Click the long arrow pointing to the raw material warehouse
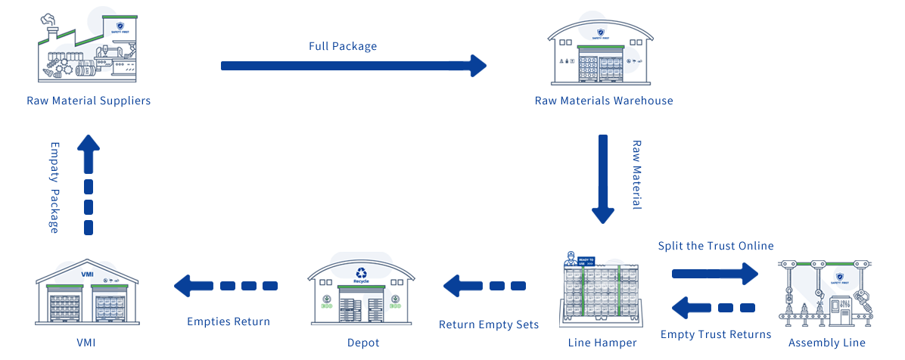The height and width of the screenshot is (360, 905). (352, 66)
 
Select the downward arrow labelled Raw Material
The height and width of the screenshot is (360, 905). (602, 178)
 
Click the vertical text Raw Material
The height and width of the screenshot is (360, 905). (636, 174)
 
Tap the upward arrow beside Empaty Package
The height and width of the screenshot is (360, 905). (89, 185)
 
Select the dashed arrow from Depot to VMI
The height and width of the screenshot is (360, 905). (226, 286)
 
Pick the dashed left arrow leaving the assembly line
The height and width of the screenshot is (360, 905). (714, 307)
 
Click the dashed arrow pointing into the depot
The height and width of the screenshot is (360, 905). (484, 286)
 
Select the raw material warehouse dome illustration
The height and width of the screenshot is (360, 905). (600, 47)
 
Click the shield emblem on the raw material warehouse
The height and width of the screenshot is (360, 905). (601, 33)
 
